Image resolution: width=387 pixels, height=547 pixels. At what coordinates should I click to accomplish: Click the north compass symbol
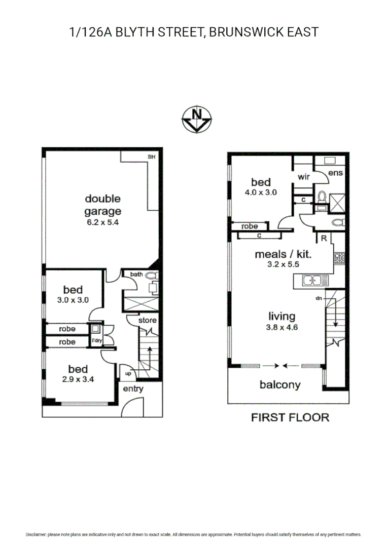tap(197, 120)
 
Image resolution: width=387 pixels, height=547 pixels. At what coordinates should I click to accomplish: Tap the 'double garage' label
tap(102, 205)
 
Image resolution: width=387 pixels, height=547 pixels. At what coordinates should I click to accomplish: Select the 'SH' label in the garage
tap(151, 157)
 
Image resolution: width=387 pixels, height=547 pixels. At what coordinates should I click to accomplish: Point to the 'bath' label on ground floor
tap(136, 274)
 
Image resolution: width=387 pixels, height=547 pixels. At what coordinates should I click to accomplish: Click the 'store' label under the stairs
tap(148, 320)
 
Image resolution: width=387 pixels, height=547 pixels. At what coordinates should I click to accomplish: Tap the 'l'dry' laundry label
tap(96, 340)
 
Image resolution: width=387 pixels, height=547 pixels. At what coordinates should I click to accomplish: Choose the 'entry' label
tap(133, 389)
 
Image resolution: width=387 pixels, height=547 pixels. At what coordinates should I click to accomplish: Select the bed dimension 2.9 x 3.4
tap(78, 379)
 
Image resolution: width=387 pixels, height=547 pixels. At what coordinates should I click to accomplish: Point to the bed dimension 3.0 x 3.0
tap(73, 299)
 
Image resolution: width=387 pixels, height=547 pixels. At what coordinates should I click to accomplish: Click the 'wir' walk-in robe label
tap(304, 177)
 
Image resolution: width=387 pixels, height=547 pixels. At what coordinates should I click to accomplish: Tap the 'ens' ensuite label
tap(335, 173)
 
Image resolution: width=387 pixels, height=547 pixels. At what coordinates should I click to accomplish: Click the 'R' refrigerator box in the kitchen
tap(323, 238)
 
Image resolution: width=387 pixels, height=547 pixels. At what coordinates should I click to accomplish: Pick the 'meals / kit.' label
tap(283, 254)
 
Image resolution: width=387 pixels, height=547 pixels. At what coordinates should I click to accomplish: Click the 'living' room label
tap(282, 317)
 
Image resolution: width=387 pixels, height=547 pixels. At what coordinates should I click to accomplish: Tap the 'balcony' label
tap(280, 384)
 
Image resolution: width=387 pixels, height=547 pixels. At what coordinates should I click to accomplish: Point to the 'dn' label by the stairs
tap(319, 298)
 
